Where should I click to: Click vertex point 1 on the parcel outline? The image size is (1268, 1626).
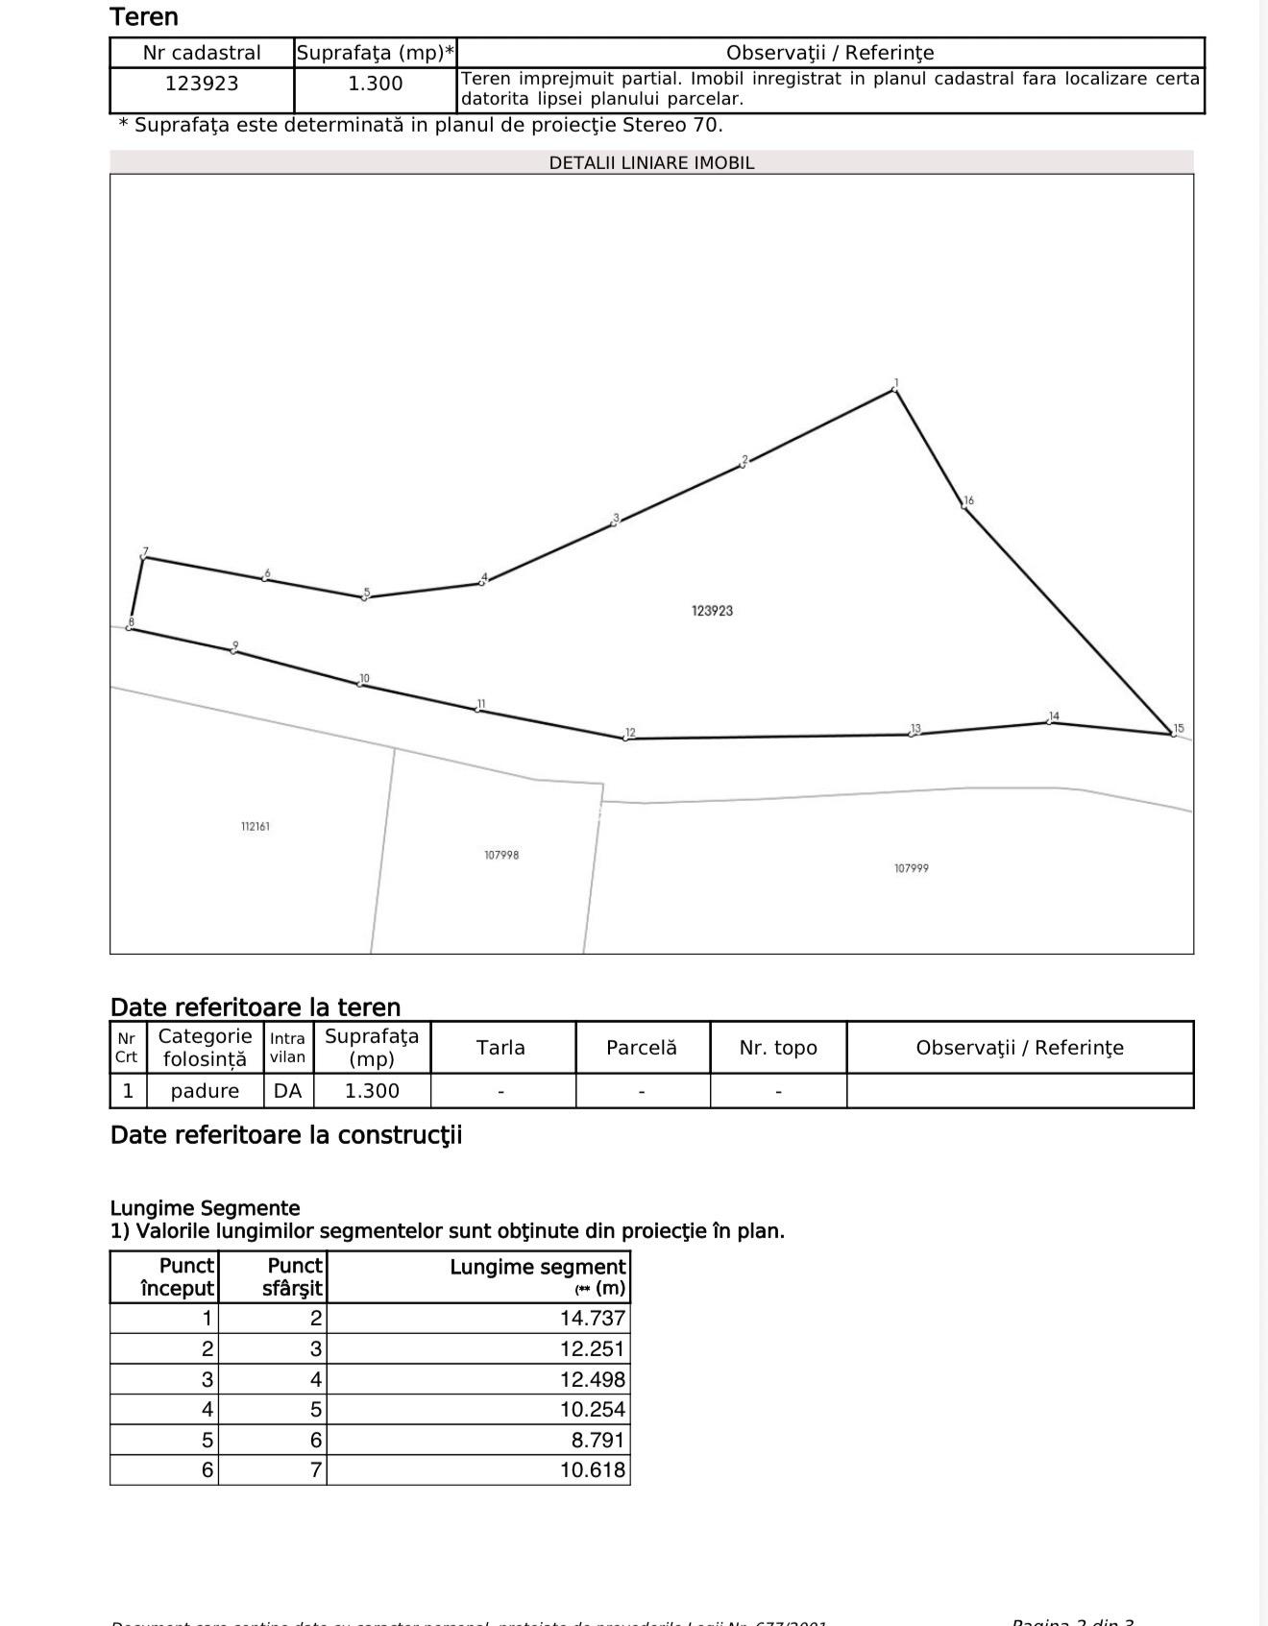[x=895, y=390]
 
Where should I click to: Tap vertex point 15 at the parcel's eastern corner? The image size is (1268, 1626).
[x=1173, y=734]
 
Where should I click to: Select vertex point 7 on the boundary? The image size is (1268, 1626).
[x=143, y=558]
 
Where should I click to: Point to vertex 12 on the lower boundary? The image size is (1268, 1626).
[x=625, y=739]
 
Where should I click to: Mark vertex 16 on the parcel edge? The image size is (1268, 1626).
[x=963, y=505]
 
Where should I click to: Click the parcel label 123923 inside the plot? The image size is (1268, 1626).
[x=712, y=611]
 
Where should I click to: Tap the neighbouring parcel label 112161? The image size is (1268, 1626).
[x=255, y=827]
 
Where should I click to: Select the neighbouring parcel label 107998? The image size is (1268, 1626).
[x=501, y=855]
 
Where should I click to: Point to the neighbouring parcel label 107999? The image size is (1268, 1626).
[x=911, y=868]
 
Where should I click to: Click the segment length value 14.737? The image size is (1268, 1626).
[x=593, y=1319]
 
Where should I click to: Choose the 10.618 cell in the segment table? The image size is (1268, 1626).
[x=593, y=1470]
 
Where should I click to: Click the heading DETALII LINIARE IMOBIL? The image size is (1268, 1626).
[x=651, y=163]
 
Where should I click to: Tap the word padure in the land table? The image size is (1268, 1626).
[x=205, y=1091]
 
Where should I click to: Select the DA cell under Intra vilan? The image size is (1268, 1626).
[x=287, y=1091]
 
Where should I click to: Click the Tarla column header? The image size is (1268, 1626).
[x=500, y=1048]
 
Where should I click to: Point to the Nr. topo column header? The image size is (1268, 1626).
[x=778, y=1048]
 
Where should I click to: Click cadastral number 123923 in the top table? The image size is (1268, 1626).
[x=202, y=85]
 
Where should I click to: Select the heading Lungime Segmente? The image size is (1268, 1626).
[x=205, y=1208]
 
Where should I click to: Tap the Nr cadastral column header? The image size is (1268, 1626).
[x=202, y=53]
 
